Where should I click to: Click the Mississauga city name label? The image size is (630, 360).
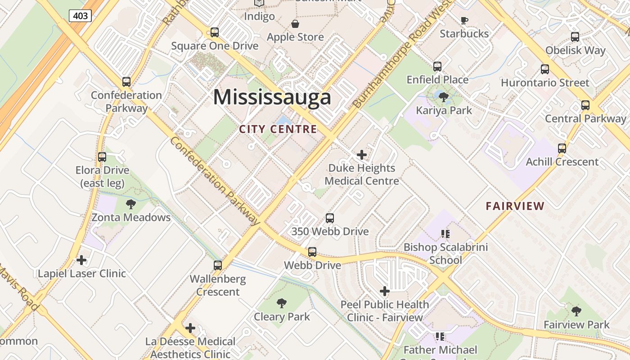pyautogui.click(x=272, y=97)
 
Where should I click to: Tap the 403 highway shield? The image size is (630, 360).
pyautogui.click(x=81, y=16)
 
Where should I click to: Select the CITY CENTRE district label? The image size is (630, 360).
pyautogui.click(x=278, y=130)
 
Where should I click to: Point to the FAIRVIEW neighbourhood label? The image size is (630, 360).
pyautogui.click(x=515, y=206)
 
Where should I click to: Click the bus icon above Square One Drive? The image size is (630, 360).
pyautogui.click(x=215, y=32)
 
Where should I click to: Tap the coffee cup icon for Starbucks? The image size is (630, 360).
pyautogui.click(x=464, y=20)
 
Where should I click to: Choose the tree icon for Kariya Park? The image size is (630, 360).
pyautogui.click(x=444, y=97)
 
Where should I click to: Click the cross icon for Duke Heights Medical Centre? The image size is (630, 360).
pyautogui.click(x=361, y=155)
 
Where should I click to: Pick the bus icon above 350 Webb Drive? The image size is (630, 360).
pyautogui.click(x=330, y=218)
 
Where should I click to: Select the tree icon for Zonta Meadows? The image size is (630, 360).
pyautogui.click(x=131, y=204)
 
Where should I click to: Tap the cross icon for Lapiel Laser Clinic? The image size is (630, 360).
pyautogui.click(x=81, y=260)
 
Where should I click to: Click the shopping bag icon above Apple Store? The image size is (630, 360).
pyautogui.click(x=295, y=23)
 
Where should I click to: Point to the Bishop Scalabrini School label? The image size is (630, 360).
pyautogui.click(x=445, y=253)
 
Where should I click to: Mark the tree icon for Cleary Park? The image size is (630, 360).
pyautogui.click(x=282, y=303)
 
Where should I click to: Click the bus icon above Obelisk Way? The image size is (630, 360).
pyautogui.click(x=575, y=37)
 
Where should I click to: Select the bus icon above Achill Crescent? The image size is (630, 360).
pyautogui.click(x=562, y=148)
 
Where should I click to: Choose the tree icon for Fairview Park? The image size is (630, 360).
pyautogui.click(x=576, y=311)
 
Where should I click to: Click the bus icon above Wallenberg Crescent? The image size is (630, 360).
pyautogui.click(x=218, y=265)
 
